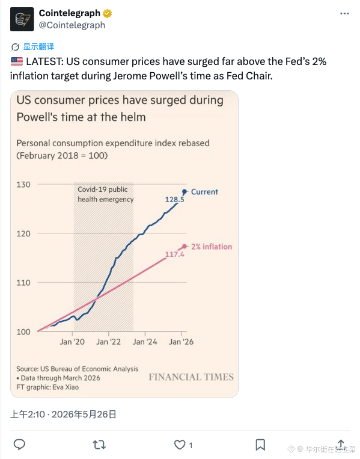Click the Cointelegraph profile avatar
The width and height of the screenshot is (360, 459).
pos(22,19)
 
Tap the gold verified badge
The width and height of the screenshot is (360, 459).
pos(108,13)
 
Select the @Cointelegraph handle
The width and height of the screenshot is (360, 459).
pos(72,25)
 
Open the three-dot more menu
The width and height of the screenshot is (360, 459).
pos(344,13)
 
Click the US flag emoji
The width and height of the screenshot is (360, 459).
pos(17,61)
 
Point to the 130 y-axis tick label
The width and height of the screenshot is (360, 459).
pos(23,185)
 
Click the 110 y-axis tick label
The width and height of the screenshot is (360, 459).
pos(23,283)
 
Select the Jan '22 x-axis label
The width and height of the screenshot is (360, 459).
pos(109,342)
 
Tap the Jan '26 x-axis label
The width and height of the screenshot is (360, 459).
pos(182,342)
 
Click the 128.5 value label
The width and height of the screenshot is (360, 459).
pos(174,200)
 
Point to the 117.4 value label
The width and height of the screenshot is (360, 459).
pos(174,254)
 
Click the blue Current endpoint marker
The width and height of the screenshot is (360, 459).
pos(185,192)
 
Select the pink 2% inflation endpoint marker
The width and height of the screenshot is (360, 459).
pos(185,247)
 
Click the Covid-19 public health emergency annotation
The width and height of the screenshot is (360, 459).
pos(106,194)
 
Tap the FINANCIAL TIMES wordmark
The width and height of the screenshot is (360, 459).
pos(191,377)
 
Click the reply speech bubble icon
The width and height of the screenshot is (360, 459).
pos(20,445)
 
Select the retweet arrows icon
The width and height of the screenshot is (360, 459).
pos(99,445)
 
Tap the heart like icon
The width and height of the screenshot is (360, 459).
pos(180,445)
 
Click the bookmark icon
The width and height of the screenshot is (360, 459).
pos(260,445)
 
